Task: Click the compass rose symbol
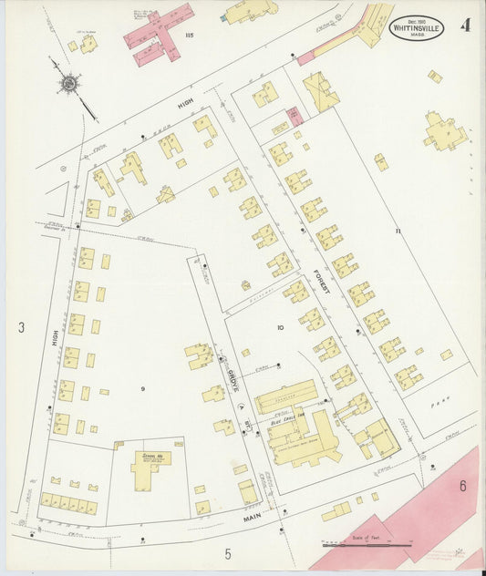[67, 84]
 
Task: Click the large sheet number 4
[466, 25]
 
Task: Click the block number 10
[281, 326]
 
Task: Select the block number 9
[142, 389]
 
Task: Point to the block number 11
[398, 231]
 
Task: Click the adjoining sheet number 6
[462, 486]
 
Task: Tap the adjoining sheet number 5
[229, 553]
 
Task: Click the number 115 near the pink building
[190, 36]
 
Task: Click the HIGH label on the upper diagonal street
[184, 106]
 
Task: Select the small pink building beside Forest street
[295, 117]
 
